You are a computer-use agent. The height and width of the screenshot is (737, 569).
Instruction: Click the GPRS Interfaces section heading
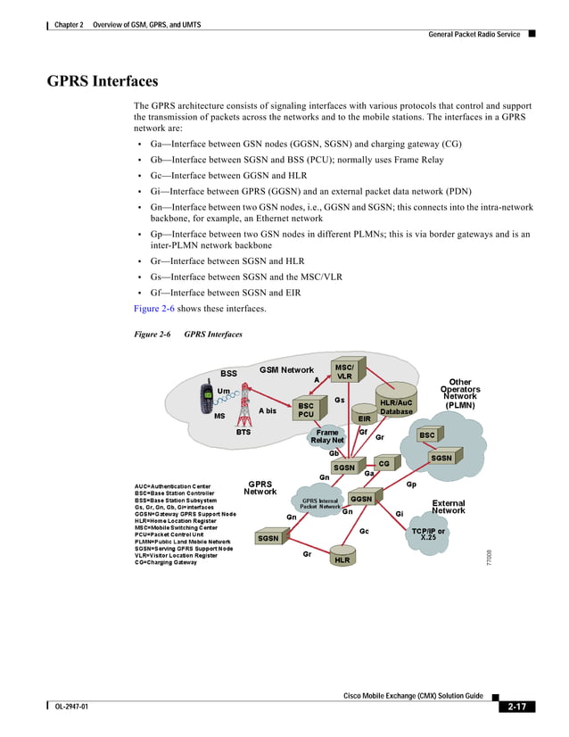(103, 82)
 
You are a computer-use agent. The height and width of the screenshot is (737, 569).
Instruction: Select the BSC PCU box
(306, 410)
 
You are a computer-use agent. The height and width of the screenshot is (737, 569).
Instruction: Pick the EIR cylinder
(364, 417)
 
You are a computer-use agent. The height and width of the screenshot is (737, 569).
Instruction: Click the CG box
(384, 464)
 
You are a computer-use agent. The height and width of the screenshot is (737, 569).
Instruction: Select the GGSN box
(361, 499)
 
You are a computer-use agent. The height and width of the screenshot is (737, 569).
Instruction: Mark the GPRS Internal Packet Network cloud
(320, 504)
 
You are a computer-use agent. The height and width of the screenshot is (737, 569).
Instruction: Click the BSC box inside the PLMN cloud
(427, 435)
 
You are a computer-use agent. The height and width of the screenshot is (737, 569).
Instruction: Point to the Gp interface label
(411, 484)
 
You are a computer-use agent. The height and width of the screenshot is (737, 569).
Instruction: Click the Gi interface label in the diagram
(400, 514)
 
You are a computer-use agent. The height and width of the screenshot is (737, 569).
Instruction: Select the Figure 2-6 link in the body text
(153, 309)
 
